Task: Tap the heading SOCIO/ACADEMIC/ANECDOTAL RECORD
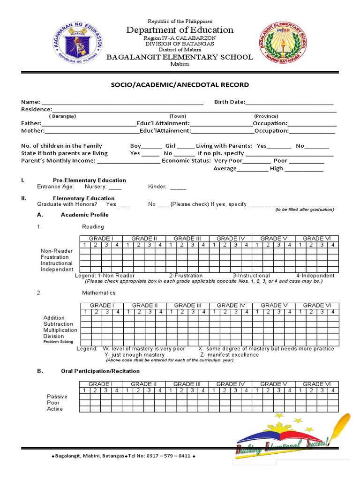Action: (180, 85)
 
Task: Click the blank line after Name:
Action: (122, 102)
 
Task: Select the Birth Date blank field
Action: (289, 102)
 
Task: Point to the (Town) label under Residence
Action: (178, 116)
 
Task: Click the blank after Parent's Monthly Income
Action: (128, 161)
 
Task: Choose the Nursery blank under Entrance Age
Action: (115, 187)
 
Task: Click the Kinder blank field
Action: (178, 187)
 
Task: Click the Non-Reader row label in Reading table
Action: (57, 251)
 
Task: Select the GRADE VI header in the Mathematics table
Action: (317, 306)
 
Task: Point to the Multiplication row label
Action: (60, 330)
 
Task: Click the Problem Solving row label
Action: (58, 342)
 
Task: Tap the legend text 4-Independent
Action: (315, 276)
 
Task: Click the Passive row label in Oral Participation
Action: (57, 397)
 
